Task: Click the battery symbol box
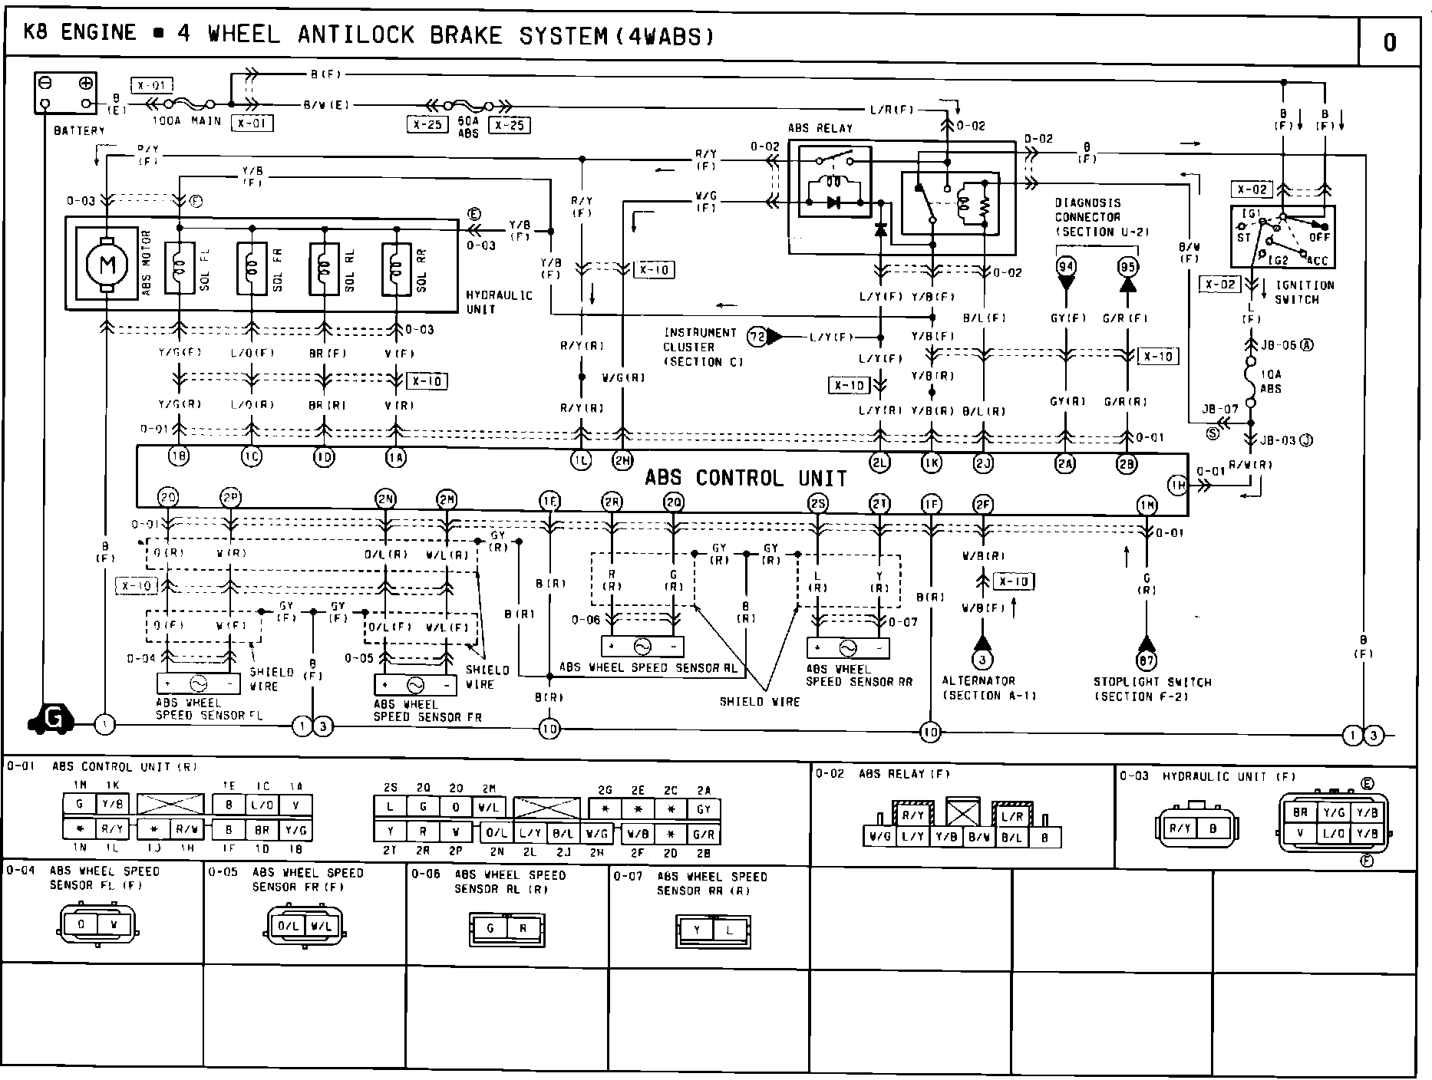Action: (x=66, y=93)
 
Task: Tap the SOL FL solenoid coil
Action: (x=180, y=268)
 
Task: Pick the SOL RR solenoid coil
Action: (x=397, y=268)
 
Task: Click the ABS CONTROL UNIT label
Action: (x=745, y=479)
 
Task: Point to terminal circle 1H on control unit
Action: (x=1178, y=484)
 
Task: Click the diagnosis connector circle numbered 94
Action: (x=1066, y=267)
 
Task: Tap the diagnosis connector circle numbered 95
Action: (x=1127, y=267)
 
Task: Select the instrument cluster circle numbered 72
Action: (x=757, y=337)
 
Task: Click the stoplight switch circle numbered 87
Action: (x=1147, y=660)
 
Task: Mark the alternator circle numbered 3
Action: (x=982, y=659)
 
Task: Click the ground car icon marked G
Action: (x=52, y=719)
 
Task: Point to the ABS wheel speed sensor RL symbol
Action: (x=642, y=647)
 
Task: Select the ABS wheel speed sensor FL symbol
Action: (x=198, y=683)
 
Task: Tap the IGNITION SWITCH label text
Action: (x=1305, y=292)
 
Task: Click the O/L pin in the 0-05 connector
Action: (x=289, y=926)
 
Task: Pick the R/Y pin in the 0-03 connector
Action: (x=1176, y=828)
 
